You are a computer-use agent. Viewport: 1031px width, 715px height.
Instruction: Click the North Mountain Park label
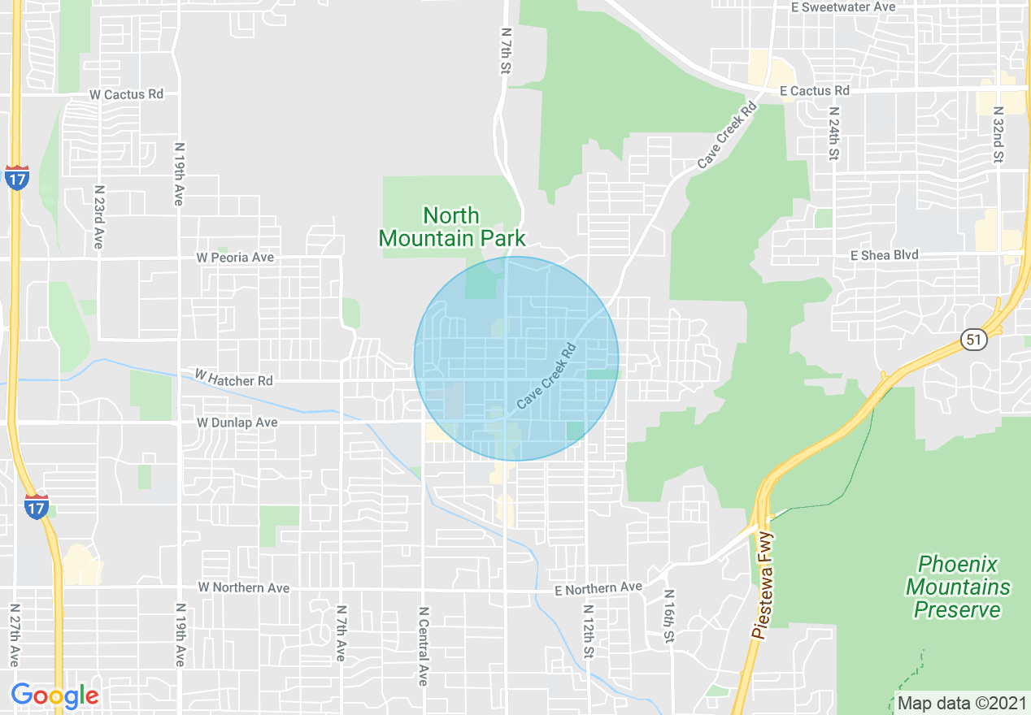[x=452, y=227]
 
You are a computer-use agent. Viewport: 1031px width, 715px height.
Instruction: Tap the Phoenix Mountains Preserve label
[x=958, y=587]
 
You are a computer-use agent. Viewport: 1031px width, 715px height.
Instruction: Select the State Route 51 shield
[x=973, y=339]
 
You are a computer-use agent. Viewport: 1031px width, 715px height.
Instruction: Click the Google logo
[x=55, y=695]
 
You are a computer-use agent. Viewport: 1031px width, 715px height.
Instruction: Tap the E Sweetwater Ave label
[x=843, y=7]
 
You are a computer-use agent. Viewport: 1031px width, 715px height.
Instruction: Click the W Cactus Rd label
[x=126, y=94]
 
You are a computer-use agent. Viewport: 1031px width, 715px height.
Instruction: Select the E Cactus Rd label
[x=814, y=91]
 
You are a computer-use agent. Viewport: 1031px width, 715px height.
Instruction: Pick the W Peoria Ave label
[x=235, y=258]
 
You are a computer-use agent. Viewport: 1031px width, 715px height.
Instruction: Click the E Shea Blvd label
[x=884, y=255]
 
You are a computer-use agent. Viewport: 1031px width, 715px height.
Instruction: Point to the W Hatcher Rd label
[x=233, y=379]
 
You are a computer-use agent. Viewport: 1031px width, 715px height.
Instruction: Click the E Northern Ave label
[x=598, y=587]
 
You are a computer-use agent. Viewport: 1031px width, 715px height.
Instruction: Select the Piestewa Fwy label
[x=764, y=586]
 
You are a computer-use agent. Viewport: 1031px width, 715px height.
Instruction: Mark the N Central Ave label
[x=423, y=646]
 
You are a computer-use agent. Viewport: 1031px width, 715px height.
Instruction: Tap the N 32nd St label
[x=998, y=135]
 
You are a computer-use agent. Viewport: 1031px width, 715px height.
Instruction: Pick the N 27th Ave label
[x=15, y=635]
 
